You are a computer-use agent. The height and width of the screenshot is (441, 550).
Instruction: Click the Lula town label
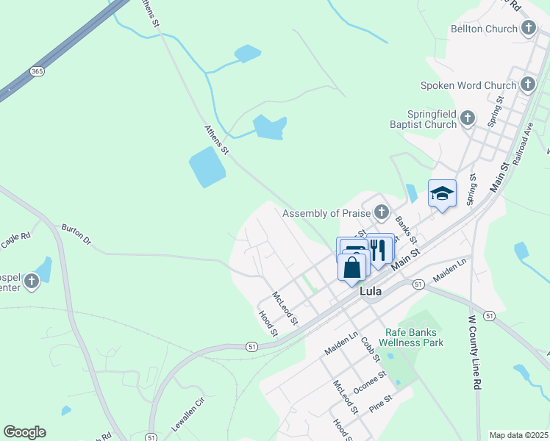pyautogui.click(x=371, y=291)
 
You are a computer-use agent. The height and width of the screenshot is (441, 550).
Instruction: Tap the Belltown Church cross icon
pyautogui.click(x=528, y=29)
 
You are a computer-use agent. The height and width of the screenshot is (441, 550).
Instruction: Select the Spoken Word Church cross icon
pyautogui.click(x=527, y=85)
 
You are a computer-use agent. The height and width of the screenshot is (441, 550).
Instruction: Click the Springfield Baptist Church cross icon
pyautogui.click(x=466, y=118)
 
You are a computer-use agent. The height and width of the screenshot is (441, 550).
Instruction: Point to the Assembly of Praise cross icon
pyautogui.click(x=380, y=213)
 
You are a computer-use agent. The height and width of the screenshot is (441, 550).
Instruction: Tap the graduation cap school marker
pyautogui.click(x=442, y=193)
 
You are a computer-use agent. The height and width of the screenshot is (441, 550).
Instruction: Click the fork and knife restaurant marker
pyautogui.click(x=379, y=249)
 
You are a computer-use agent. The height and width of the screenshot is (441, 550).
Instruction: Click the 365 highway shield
pyautogui.click(x=37, y=71)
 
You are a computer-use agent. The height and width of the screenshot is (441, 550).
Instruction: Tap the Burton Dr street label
pyautogui.click(x=76, y=234)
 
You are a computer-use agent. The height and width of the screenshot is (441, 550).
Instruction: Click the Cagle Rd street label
pyautogui.click(x=15, y=237)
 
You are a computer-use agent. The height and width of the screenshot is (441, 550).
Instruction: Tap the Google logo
pyautogui.click(x=25, y=432)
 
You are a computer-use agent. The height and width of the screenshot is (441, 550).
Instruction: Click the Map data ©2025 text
pyautogui.click(x=518, y=435)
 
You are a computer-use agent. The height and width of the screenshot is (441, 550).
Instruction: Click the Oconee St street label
pyautogui.click(x=369, y=383)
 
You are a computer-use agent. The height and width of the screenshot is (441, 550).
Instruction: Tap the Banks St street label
pyautogui.click(x=406, y=229)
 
